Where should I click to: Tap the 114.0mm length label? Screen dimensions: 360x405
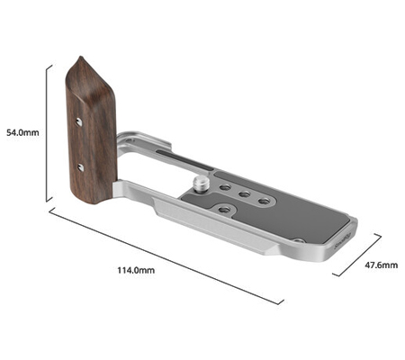(138, 270)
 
